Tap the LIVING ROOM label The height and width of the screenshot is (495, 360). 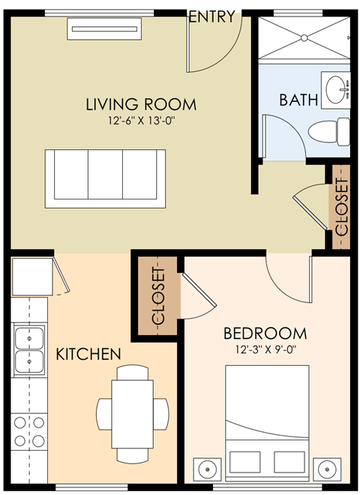coord(140,104)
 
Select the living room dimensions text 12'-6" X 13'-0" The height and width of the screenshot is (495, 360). coord(140,121)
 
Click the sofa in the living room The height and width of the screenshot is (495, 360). coord(105,178)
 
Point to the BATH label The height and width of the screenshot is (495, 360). coord(298,99)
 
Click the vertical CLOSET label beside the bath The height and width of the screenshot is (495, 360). coord(341,207)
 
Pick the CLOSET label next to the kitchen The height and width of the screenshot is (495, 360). coord(157,295)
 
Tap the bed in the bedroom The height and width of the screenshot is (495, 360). coord(268,420)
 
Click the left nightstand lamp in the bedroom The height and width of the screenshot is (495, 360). coord(208,469)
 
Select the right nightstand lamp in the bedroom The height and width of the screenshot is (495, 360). coord(327,469)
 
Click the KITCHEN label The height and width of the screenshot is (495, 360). coord(88,352)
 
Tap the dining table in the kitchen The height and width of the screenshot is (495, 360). coord(132,409)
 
